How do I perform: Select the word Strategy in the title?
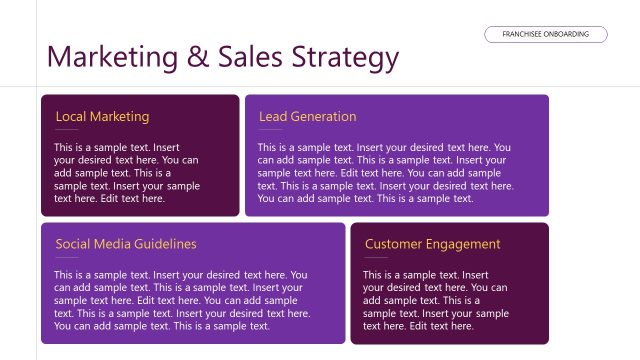click(x=346, y=59)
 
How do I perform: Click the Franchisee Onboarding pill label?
click(x=546, y=34)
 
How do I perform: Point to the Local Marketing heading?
click(x=102, y=117)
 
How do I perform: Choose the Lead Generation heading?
click(x=307, y=117)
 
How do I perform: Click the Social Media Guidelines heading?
click(x=126, y=244)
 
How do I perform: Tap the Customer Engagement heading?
click(x=432, y=244)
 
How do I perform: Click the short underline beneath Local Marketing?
click(x=67, y=131)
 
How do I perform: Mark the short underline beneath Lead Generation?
click(x=270, y=131)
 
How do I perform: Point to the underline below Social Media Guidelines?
click(x=67, y=258)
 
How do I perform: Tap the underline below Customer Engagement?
click(x=376, y=258)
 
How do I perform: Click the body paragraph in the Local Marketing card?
click(x=126, y=173)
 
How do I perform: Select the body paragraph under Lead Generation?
click(x=385, y=173)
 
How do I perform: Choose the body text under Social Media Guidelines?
click(x=180, y=300)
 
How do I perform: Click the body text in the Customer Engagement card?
click(x=435, y=300)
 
